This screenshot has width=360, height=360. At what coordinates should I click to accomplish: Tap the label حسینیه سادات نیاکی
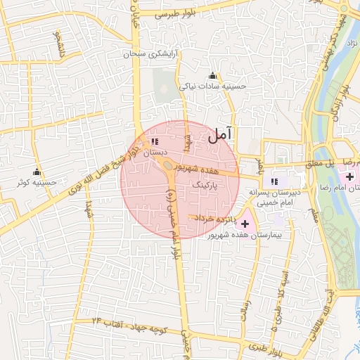[x=213, y=86]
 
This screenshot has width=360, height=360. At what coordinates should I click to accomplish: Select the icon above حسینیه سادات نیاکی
[x=213, y=76]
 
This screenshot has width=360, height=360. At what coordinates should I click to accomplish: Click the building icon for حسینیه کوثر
[x=37, y=172]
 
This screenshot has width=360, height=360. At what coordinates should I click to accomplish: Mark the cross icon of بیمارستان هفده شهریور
[x=245, y=223]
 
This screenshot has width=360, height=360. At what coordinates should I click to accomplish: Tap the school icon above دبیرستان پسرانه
[x=274, y=181]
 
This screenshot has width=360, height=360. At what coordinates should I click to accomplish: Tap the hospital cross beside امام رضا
[x=349, y=175]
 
